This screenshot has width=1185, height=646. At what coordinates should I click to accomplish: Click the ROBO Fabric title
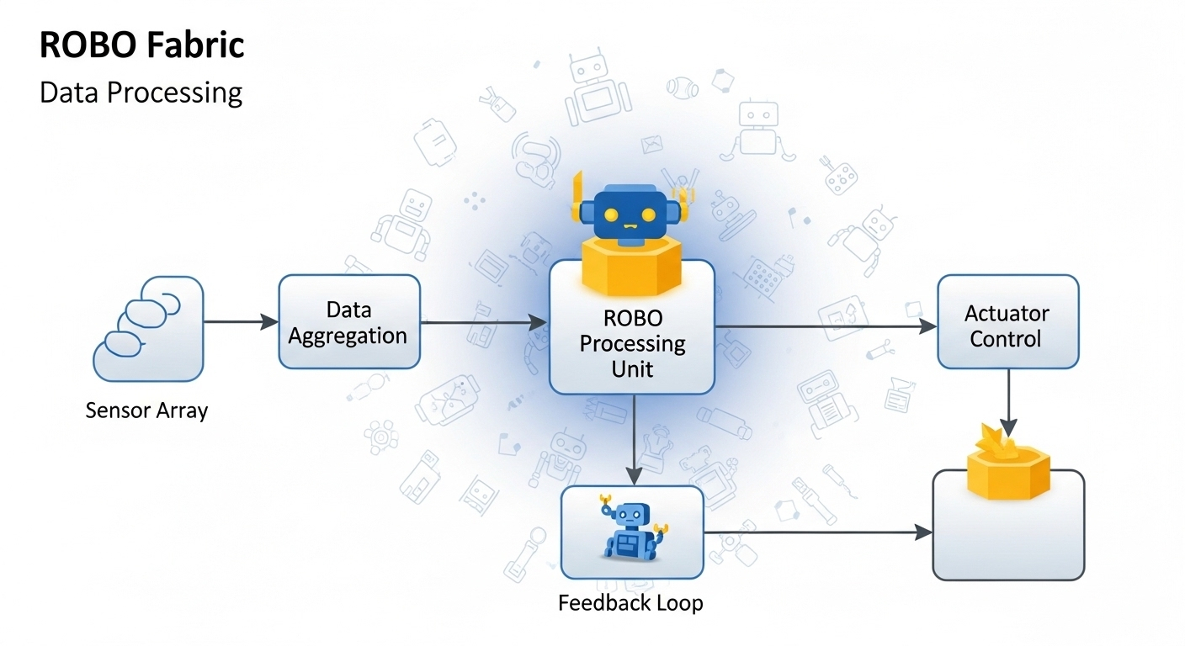(141, 45)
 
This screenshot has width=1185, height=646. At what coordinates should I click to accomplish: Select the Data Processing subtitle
(141, 92)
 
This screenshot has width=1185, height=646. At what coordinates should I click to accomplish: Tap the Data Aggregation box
(348, 322)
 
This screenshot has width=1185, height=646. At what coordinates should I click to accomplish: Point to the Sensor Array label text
(146, 410)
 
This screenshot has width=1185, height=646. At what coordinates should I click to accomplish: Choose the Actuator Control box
(1007, 322)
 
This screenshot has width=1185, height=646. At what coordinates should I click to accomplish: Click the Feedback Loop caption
(630, 603)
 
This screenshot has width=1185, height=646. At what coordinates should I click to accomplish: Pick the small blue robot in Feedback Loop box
(631, 530)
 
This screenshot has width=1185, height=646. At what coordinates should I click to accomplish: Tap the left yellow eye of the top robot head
(612, 214)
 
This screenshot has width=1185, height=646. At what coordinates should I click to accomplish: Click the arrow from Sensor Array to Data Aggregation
(241, 321)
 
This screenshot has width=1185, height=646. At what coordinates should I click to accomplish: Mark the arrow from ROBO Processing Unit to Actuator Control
(825, 326)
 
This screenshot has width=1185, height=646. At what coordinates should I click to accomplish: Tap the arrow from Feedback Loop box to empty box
(816, 532)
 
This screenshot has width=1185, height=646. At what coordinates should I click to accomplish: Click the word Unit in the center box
(633, 368)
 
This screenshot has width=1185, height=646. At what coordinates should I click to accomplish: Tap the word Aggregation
(348, 336)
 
